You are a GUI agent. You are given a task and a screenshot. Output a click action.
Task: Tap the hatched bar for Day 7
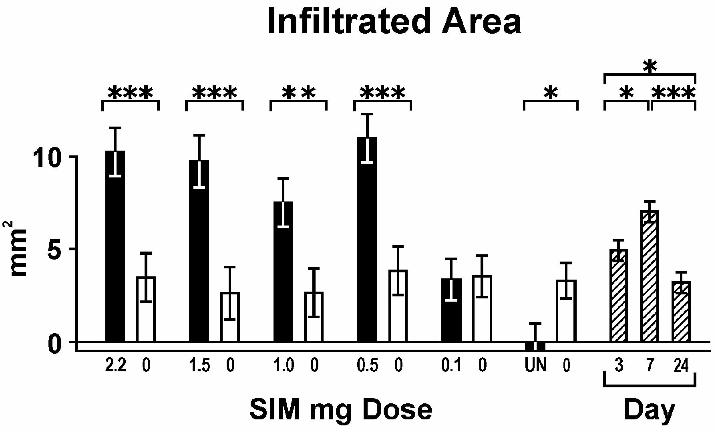(650, 276)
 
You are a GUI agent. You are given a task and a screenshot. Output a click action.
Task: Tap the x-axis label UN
(535, 366)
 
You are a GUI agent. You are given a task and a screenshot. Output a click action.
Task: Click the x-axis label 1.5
(199, 366)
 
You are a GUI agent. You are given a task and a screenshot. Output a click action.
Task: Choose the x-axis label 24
(681, 366)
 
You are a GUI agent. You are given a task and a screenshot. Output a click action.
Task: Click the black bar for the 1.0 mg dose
(283, 272)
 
